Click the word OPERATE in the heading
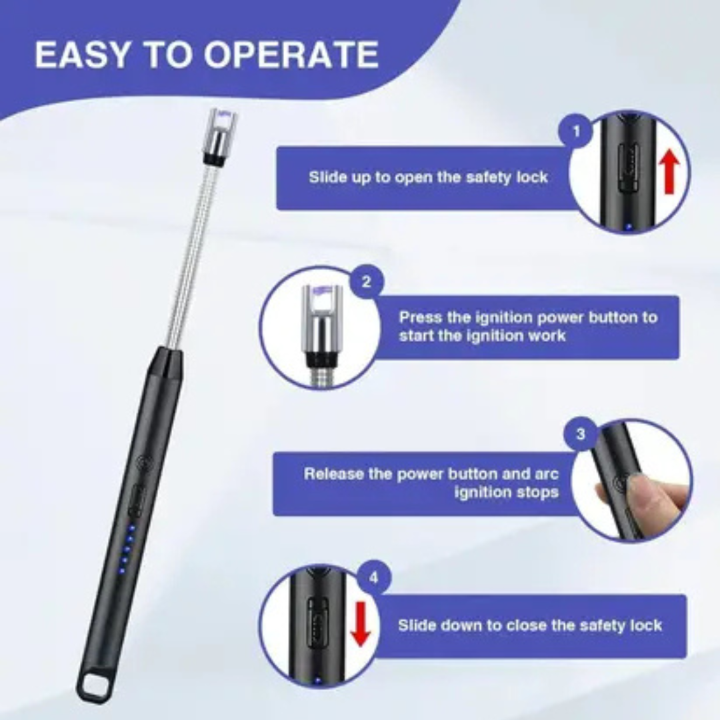[x=291, y=54]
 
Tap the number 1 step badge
[x=576, y=132]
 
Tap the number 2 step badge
[x=366, y=281]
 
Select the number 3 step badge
[x=581, y=434]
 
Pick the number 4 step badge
[x=374, y=578]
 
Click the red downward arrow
[x=361, y=623]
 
